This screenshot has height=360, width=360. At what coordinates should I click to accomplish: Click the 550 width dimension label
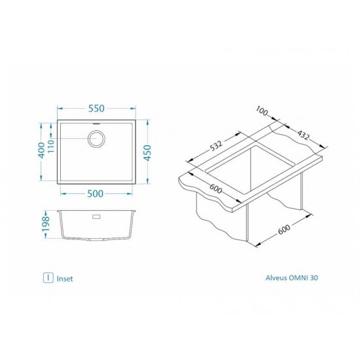coord(97,107)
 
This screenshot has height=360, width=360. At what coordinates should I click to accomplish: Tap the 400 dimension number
coord(41,150)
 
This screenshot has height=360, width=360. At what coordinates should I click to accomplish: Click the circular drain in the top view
coord(97,138)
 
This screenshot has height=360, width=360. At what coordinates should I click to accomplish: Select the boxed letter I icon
coord(47,277)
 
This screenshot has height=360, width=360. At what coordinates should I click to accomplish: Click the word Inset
coord(65,278)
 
